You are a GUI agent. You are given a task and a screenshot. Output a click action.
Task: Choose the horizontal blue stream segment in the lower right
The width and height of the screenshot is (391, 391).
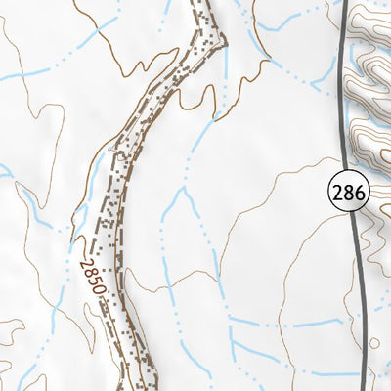pos(293,322)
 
